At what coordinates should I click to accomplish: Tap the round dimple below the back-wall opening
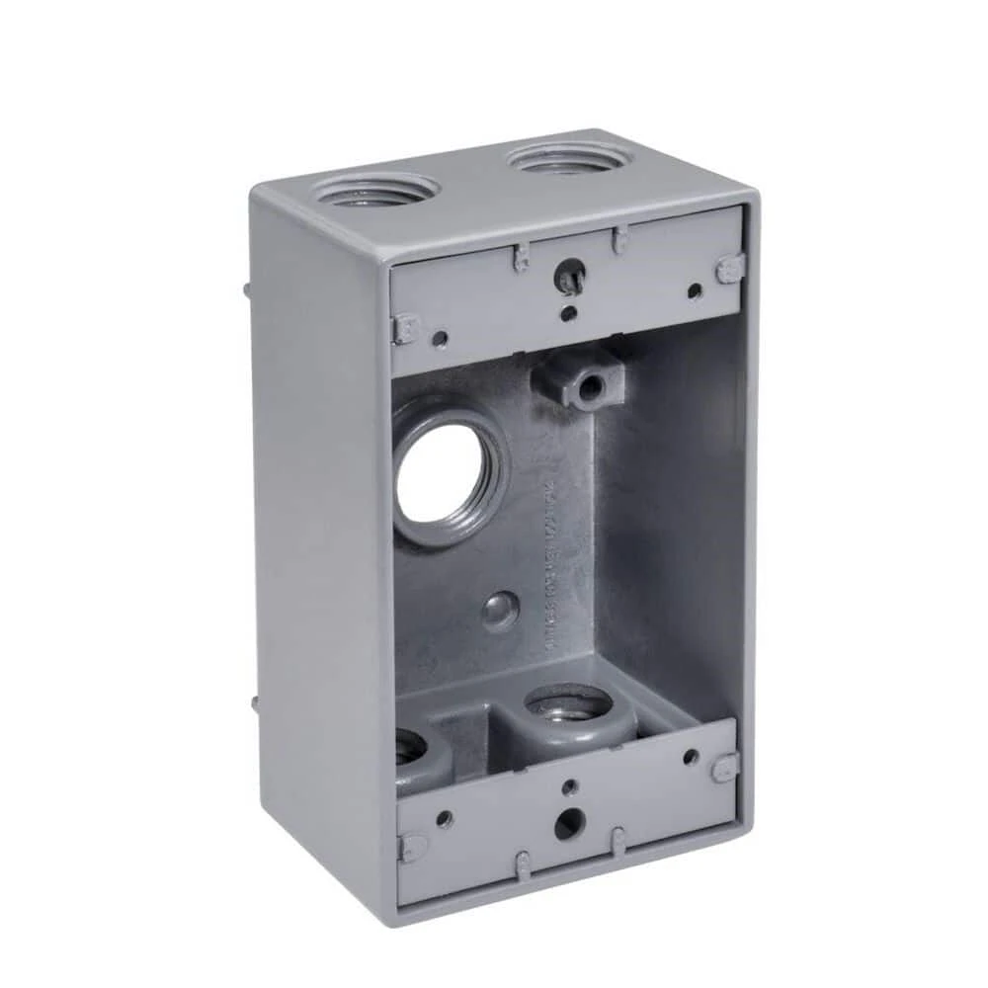[x=501, y=611]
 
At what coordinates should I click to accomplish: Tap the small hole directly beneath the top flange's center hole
[x=569, y=314]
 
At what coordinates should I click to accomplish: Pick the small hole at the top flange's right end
[x=695, y=290]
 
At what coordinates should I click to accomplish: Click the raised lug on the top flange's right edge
[x=730, y=268]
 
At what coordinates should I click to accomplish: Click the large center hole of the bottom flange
[x=567, y=823]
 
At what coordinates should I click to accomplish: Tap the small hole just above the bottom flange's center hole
[x=569, y=787]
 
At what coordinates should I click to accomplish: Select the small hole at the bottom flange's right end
[x=691, y=757]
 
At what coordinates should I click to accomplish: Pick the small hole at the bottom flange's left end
[x=445, y=819]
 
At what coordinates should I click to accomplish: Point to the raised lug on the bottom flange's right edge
[x=726, y=767]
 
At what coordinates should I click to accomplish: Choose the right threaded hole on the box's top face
[x=567, y=157]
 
